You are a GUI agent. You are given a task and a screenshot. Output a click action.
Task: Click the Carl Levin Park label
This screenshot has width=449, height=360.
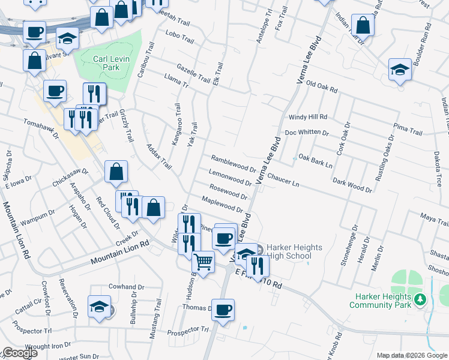106,63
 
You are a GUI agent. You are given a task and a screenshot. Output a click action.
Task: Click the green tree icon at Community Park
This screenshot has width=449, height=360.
421,299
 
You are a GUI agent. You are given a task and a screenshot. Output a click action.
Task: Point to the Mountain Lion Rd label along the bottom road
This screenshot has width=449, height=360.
119,253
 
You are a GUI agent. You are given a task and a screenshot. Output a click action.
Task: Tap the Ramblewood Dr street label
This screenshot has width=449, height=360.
234,163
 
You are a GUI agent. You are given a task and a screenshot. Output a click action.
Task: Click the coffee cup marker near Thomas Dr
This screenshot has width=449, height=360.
223,310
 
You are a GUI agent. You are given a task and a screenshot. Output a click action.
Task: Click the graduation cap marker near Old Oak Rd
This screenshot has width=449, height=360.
399,69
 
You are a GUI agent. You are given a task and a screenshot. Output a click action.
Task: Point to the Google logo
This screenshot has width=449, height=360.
20,353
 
